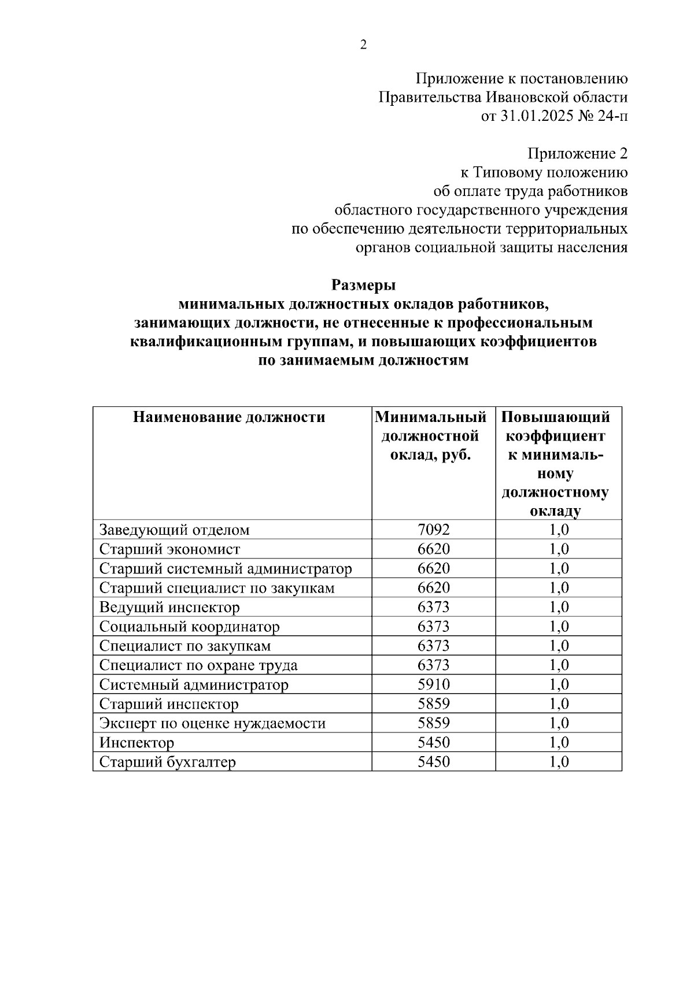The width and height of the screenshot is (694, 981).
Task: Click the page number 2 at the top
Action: pos(363,45)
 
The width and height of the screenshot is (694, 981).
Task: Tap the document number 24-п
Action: pos(612,116)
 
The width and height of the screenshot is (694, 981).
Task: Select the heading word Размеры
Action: pos(363,285)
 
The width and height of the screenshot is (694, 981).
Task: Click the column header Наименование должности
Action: pos(229,417)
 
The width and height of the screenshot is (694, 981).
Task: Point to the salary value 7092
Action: pos(433,530)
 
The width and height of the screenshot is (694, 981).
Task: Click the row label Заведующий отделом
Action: pos(175,530)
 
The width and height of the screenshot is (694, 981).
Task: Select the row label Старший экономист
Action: pos(169,549)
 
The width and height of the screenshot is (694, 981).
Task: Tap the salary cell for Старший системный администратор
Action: pos(433,568)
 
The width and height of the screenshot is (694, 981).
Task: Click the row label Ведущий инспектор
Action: pos(169,608)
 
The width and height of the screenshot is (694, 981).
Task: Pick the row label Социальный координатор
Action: pos(189,627)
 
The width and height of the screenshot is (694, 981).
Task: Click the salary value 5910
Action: pos(433,685)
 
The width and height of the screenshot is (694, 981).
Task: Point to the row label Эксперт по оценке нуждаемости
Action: pos(212,724)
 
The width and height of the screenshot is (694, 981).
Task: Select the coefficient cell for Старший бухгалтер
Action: pos(559,762)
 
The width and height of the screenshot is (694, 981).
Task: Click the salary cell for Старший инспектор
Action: pos(433,704)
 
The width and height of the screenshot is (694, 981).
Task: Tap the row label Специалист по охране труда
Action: pos(198,665)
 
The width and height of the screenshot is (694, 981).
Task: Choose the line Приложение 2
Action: pos(577,154)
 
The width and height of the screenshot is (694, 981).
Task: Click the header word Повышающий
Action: pos(555,417)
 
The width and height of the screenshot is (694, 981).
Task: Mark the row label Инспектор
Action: pos(136,743)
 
